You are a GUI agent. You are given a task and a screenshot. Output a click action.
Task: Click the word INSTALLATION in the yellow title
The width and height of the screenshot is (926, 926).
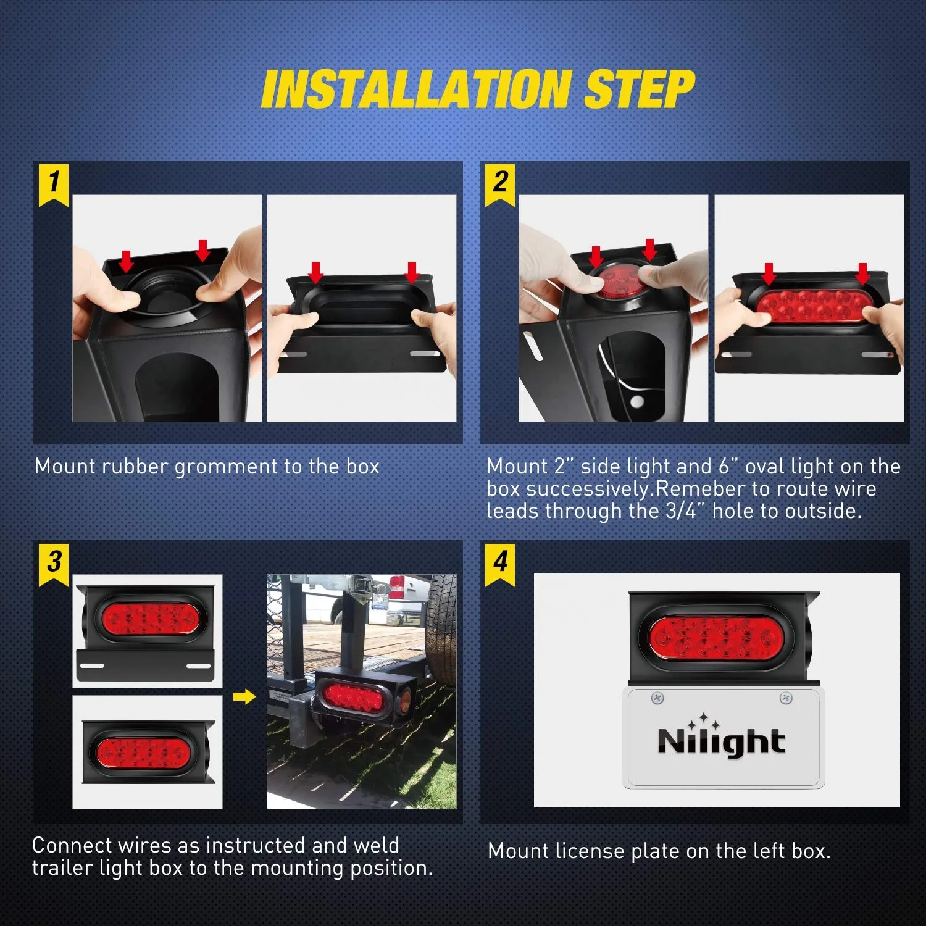point(415,90)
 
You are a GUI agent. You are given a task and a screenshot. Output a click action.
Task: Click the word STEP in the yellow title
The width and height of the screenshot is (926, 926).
point(639,90)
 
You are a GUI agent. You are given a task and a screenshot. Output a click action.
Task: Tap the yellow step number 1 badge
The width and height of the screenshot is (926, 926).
point(54,183)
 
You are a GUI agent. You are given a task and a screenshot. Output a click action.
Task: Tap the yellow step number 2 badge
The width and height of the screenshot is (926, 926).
point(499,183)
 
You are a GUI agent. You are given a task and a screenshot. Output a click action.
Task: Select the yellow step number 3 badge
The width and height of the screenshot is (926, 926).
point(54,562)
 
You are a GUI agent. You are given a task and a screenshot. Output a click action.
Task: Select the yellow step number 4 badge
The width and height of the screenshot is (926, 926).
point(499,562)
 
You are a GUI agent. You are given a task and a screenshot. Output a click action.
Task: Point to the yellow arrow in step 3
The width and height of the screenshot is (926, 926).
point(244,697)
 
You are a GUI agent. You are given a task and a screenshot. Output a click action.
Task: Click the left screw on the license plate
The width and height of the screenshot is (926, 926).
point(657,698)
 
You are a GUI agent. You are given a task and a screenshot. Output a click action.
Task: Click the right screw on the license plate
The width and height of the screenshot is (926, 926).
point(786,698)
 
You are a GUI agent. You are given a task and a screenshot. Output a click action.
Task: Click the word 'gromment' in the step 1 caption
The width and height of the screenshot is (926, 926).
point(226,467)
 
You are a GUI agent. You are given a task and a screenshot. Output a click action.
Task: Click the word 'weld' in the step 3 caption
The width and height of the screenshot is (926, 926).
point(377,845)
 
